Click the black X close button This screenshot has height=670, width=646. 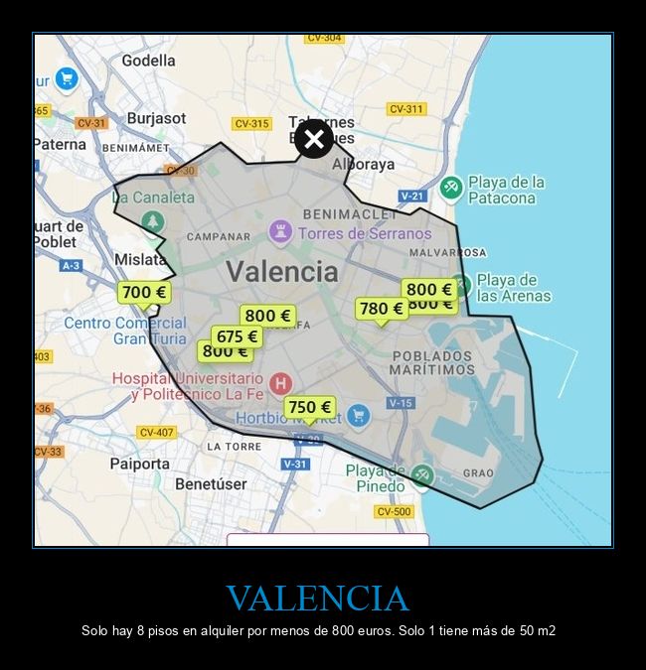click(314, 139)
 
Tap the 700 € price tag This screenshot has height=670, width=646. click(144, 292)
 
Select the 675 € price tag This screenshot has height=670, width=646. click(237, 336)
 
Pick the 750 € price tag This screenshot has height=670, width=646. click(309, 407)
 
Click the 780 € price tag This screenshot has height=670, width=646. click(382, 309)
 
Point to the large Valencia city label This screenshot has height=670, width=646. click(281, 271)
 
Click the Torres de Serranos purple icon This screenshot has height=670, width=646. click(280, 232)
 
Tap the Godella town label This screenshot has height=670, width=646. click(148, 61)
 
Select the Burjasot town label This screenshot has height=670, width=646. click(156, 118)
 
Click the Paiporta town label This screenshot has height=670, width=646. click(139, 464)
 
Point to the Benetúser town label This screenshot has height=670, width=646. click(211, 484)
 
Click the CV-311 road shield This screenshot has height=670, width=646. click(405, 109)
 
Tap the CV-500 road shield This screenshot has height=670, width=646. click(394, 511)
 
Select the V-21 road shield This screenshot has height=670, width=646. click(411, 197)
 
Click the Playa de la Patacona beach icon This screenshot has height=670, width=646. click(452, 188)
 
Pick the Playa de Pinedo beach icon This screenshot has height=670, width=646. click(422, 475)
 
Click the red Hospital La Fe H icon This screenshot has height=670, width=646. click(281, 382)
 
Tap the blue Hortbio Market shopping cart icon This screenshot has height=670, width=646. click(359, 416)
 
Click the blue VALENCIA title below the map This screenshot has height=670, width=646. click(317, 599)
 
